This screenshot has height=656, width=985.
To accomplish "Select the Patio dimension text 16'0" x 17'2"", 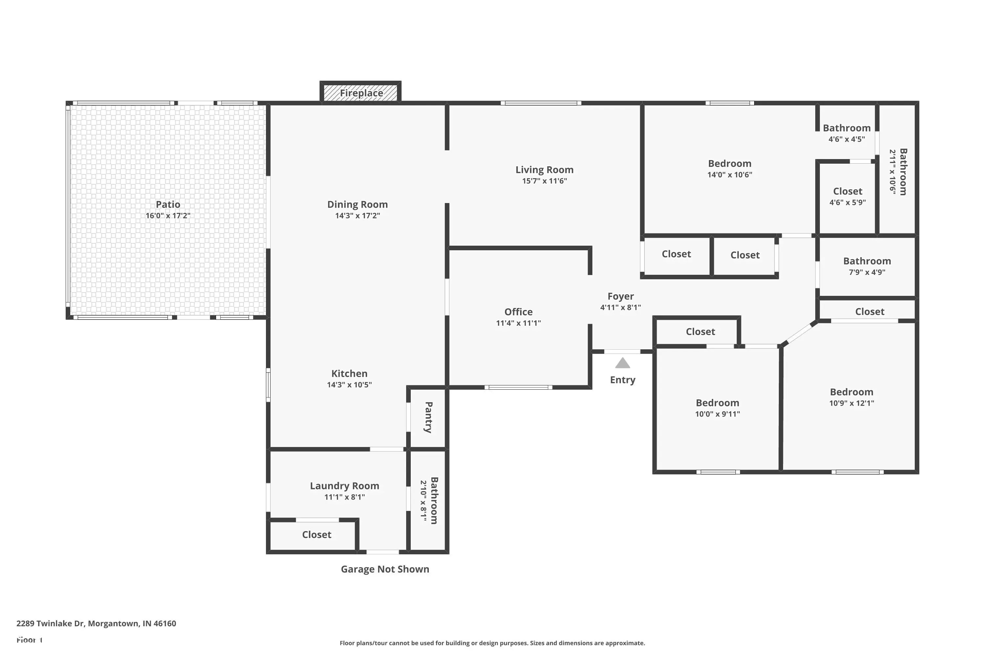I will (168, 216).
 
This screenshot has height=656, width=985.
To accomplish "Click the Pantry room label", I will (428, 417).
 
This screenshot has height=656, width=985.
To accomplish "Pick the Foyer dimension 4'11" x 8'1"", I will (620, 308).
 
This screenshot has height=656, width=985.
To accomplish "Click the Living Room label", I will (544, 170).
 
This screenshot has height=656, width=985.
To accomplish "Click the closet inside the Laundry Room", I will (317, 535).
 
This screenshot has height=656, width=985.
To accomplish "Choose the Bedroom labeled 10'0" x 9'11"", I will (717, 408).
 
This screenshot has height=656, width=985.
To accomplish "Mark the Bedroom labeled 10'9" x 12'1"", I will (851, 397).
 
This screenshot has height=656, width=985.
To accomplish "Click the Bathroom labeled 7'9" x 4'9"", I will (866, 266).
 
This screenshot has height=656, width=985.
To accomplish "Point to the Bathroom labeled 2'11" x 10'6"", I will (898, 172).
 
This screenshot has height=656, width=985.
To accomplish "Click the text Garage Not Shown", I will (384, 569).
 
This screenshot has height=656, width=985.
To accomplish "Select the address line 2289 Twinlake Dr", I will (96, 624).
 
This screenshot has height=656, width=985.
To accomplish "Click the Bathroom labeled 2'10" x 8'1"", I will (429, 501).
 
